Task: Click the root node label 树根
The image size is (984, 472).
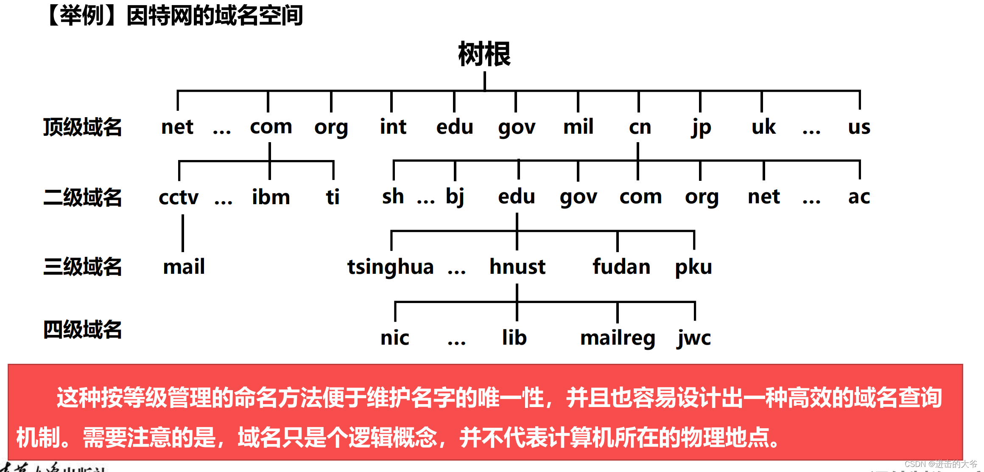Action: point(484,54)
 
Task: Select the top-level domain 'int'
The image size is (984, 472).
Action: point(393,126)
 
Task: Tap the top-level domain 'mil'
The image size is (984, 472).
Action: point(578,126)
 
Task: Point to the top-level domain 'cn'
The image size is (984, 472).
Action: point(640,127)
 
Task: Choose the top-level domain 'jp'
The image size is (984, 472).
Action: point(701,127)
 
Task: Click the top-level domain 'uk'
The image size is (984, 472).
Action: point(763,126)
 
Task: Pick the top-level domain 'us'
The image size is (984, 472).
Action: point(859,127)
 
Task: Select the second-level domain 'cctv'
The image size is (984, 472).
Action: point(179,197)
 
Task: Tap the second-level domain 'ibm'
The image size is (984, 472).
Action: point(271,197)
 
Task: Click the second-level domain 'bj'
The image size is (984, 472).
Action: point(455,197)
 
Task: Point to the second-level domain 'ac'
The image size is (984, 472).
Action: point(859,197)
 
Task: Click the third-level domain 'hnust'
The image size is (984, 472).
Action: point(517,267)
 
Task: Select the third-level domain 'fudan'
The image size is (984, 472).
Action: point(621,267)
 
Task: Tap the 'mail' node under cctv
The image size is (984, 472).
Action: point(184,267)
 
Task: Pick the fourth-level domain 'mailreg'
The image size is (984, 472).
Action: point(618,338)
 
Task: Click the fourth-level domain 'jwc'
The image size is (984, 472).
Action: point(694,338)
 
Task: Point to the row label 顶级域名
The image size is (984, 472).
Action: point(82,127)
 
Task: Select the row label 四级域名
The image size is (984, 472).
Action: point(82,330)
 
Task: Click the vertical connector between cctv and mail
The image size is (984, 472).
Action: point(183,233)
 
